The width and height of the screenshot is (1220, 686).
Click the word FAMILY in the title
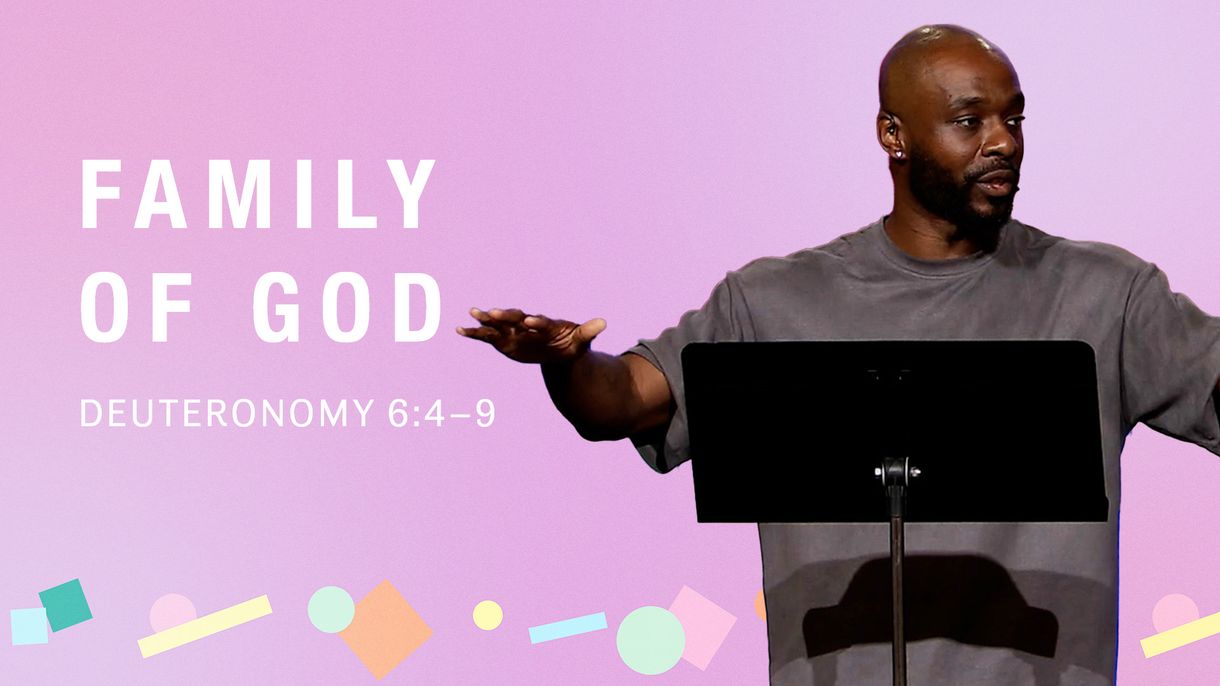coord(258,194)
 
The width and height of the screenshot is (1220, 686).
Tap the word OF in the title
coord(136,307)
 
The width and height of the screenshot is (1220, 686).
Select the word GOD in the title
coord(348,307)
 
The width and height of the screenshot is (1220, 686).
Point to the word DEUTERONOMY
coord(227,414)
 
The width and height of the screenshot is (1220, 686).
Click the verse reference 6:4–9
coord(442,414)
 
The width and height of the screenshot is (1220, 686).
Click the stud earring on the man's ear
coord(899,154)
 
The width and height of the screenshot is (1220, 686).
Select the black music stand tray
coord(894,431)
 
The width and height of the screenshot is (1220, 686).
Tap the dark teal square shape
coord(65,605)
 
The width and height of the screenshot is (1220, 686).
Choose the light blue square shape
coord(29,626)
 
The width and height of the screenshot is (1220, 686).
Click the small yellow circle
coord(487,615)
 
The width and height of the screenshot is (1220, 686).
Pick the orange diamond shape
coord(386,629)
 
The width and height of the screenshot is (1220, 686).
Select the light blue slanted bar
coord(567,628)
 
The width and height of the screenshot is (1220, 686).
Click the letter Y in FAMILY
coord(410,194)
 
